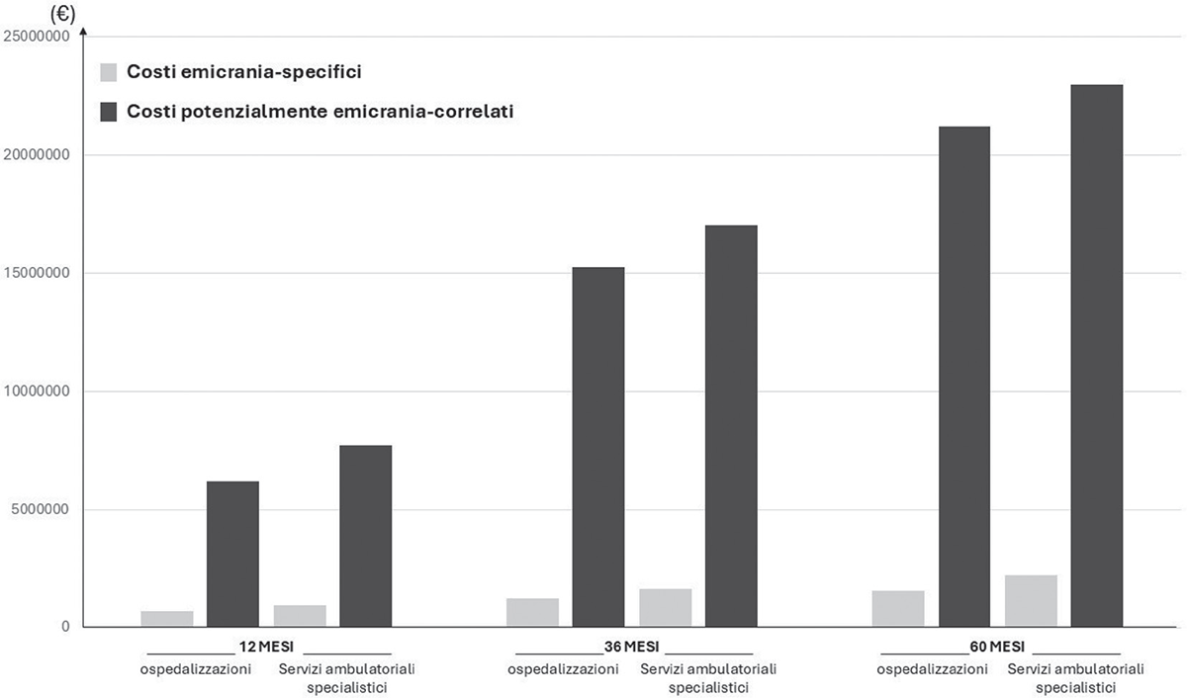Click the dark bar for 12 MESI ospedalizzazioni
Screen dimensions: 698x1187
pyautogui.click(x=232, y=554)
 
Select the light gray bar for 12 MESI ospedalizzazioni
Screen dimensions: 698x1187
pyautogui.click(x=166, y=619)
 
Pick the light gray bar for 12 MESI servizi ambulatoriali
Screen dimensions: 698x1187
pyautogui.click(x=300, y=616)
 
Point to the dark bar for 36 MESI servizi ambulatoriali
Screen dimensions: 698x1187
pyautogui.click(x=731, y=426)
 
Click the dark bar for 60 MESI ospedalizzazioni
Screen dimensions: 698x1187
pyautogui.click(x=964, y=377)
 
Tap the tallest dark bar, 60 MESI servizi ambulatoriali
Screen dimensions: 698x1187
pyautogui.click(x=1096, y=356)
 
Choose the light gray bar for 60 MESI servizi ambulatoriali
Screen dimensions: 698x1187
pyautogui.click(x=1031, y=601)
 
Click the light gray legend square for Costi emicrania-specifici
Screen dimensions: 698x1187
pyautogui.click(x=109, y=72)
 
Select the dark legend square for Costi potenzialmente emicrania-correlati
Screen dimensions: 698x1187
pyautogui.click(x=109, y=112)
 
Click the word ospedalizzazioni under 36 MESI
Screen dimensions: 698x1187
pyautogui.click(x=564, y=669)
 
